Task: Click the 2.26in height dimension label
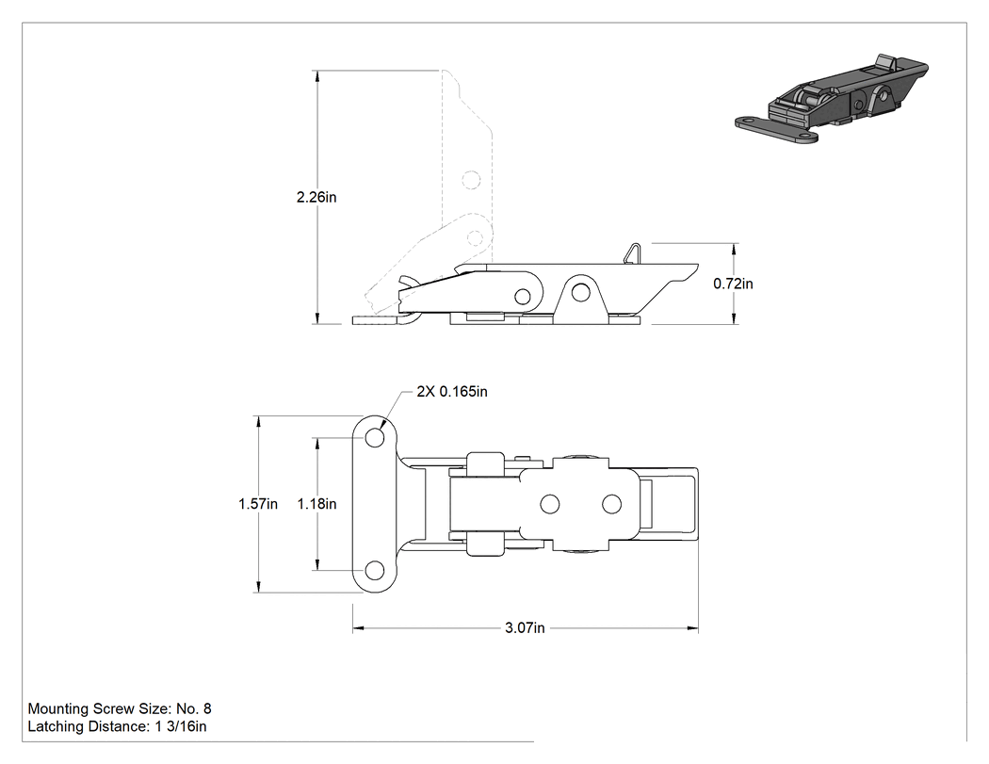(x=316, y=198)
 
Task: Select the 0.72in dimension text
(x=733, y=284)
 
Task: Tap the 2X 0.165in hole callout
(x=452, y=392)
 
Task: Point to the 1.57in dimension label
(x=258, y=504)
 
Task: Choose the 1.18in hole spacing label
(x=316, y=504)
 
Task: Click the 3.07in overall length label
(x=525, y=628)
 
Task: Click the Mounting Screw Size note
(x=120, y=709)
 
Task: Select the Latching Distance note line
(x=118, y=726)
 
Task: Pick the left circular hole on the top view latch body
(x=550, y=504)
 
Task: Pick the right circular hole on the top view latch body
(x=612, y=504)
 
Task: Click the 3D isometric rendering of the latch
(x=832, y=100)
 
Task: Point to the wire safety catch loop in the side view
(x=633, y=253)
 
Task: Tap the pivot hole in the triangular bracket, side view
(x=581, y=292)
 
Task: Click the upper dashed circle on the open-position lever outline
(x=471, y=180)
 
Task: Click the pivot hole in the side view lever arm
(x=522, y=296)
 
